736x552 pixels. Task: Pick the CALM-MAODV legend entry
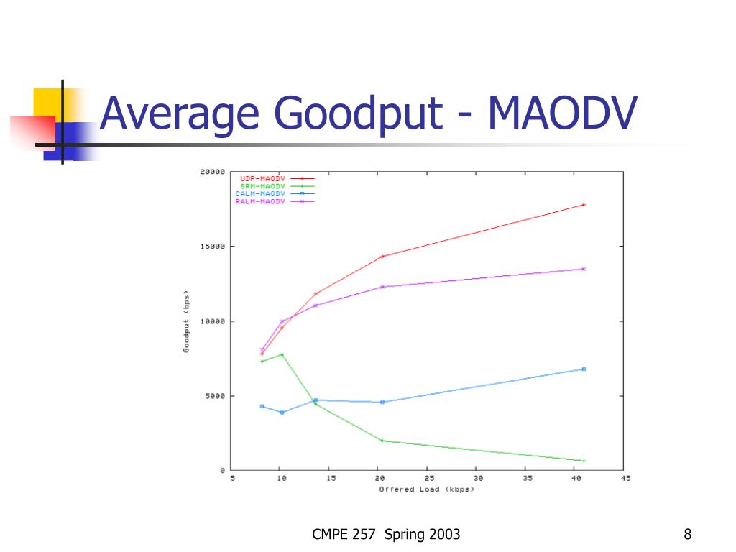pyautogui.click(x=260, y=194)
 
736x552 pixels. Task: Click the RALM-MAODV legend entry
pyautogui.click(x=260, y=202)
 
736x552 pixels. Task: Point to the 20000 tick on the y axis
pyautogui.click(x=212, y=172)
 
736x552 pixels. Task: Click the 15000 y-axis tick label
pyautogui.click(x=212, y=247)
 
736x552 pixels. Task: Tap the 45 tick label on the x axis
pyautogui.click(x=625, y=479)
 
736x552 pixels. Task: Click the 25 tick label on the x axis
pyautogui.click(x=428, y=479)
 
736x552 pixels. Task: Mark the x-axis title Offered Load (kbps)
pyautogui.click(x=427, y=489)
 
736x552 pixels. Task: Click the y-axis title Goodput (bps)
pyautogui.click(x=186, y=321)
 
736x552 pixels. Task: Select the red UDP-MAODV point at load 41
pyautogui.click(x=584, y=205)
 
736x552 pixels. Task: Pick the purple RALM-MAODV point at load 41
pyautogui.click(x=584, y=269)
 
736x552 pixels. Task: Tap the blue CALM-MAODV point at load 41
pyautogui.click(x=584, y=369)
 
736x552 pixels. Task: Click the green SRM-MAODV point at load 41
pyautogui.click(x=584, y=461)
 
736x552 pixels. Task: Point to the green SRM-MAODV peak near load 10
pyautogui.click(x=282, y=354)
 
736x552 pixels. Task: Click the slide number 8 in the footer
pyautogui.click(x=688, y=534)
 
